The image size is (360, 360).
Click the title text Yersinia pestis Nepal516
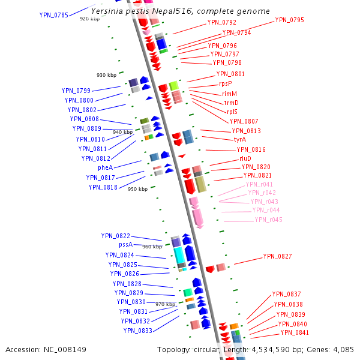point(180,11)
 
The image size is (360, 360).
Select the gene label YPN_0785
point(53,15)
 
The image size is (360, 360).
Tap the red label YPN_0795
point(289,20)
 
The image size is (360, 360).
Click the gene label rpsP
point(225,84)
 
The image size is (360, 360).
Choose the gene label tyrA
point(240,139)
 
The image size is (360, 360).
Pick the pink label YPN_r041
point(259,184)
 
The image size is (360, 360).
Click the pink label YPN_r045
point(268,220)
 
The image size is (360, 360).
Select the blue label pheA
point(105,167)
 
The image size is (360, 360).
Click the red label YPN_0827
point(277,256)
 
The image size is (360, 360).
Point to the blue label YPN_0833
point(137,330)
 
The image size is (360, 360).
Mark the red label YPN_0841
point(295,332)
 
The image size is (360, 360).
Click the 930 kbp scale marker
point(106,75)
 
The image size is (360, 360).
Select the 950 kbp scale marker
point(137,189)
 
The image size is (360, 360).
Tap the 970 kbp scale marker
point(165,305)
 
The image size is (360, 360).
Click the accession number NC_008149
point(46,349)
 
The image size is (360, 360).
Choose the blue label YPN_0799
point(76,91)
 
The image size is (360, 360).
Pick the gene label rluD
point(245,158)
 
